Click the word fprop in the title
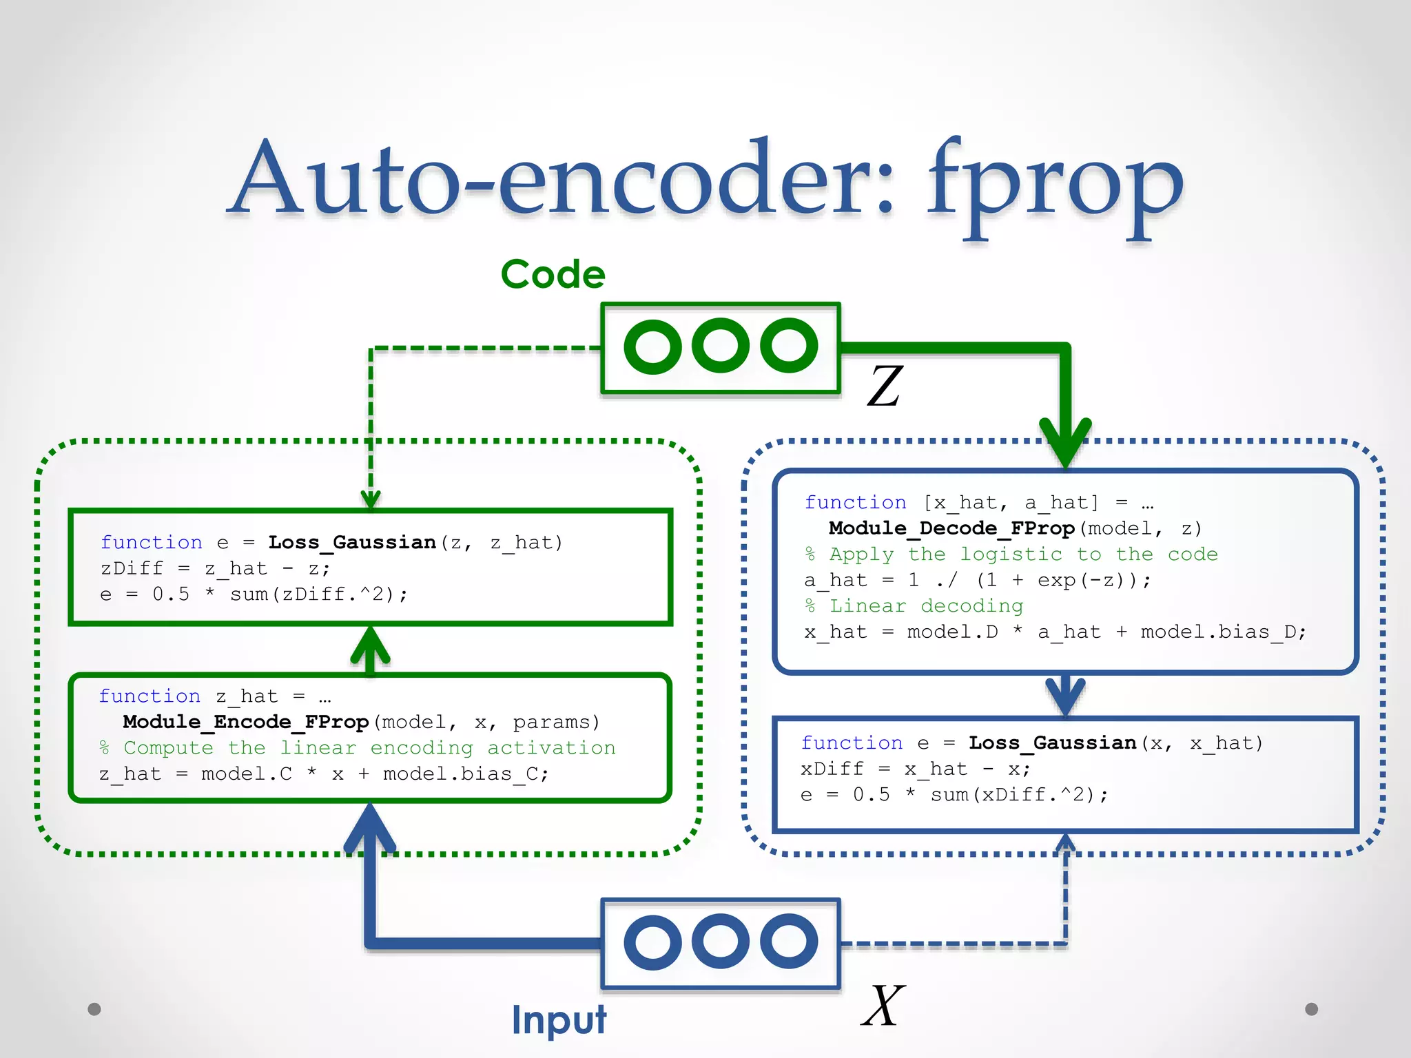tap(1054, 186)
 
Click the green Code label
tap(553, 274)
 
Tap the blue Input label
tap(559, 1019)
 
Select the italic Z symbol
tap(885, 386)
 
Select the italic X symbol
tap(883, 1006)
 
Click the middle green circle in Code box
tap(721, 346)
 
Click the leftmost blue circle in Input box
tap(652, 942)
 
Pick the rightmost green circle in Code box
tap(789, 346)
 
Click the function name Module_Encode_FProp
tap(246, 722)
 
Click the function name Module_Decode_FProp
tap(951, 528)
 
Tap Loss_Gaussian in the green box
tap(352, 543)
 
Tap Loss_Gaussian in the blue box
tap(1052, 743)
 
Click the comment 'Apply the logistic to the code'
tap(1011, 554)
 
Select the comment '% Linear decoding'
tap(914, 606)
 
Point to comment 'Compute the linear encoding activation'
tap(358, 748)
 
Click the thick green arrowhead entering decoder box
tap(1065, 444)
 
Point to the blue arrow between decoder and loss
tap(1065, 696)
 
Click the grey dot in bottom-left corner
tap(94, 1009)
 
